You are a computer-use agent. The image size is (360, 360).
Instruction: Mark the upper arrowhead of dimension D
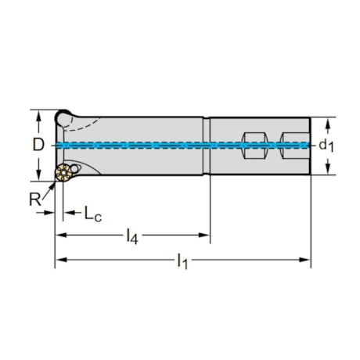click(x=38, y=114)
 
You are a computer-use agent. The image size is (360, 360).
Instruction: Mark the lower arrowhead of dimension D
click(x=38, y=175)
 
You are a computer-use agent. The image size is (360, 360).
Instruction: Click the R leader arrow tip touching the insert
click(x=54, y=184)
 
